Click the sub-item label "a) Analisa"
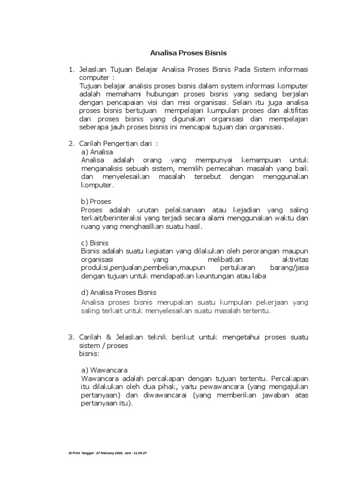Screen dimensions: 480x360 tap(97, 152)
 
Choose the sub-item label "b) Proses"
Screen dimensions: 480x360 tap(96, 202)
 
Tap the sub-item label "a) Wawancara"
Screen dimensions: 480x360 tap(105, 370)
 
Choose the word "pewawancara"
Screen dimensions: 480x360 tap(223, 386)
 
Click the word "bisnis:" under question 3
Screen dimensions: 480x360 tap(90, 353)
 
